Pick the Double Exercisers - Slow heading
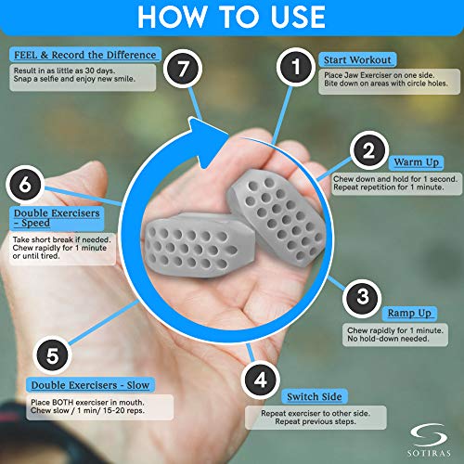(x=91, y=384)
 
